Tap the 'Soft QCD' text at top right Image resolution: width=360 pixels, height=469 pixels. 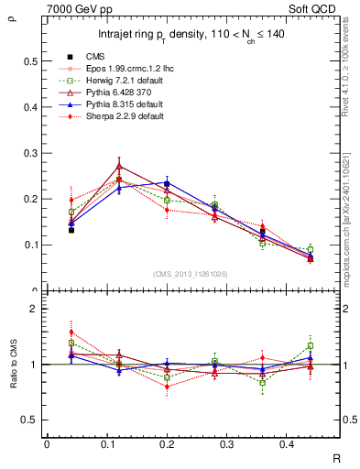(312, 7)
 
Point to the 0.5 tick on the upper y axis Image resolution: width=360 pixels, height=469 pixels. (30, 61)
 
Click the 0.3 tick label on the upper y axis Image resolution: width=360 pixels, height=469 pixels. (30, 153)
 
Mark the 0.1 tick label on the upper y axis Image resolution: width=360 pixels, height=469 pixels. (30, 245)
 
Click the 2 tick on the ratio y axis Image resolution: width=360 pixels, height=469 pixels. (33, 309)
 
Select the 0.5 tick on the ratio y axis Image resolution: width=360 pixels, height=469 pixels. (30, 420)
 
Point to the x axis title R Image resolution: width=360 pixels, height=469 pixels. (336, 459)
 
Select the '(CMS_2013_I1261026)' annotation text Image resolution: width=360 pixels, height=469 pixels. (191, 274)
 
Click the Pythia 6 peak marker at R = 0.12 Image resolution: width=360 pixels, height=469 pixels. (119, 166)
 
